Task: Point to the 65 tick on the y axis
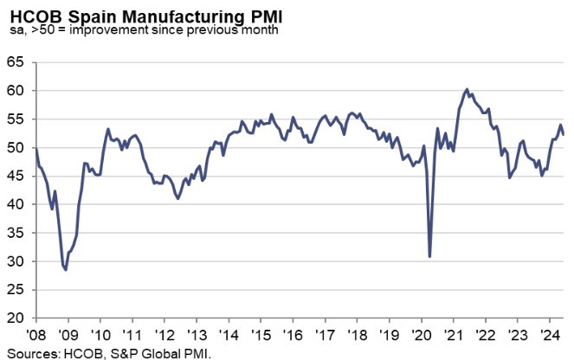(x=14, y=62)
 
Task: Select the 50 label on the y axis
(x=14, y=148)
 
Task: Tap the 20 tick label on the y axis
(x=14, y=318)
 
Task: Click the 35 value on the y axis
(x=14, y=234)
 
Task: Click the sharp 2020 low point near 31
(x=430, y=256)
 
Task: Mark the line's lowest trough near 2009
(x=66, y=270)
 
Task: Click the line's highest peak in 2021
(x=468, y=89)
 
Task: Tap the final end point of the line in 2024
(x=564, y=134)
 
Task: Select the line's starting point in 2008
(x=35, y=150)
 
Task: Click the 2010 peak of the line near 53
(x=107, y=129)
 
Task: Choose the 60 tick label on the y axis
(x=14, y=91)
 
